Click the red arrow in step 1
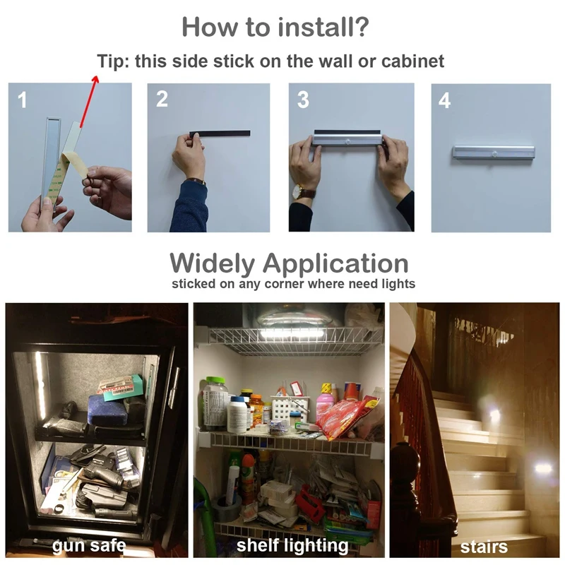point(89,101)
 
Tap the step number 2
point(162,99)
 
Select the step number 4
point(444,100)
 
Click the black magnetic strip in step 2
point(220,133)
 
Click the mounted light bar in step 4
point(493,155)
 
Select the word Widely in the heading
point(213,263)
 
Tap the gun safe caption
point(89,545)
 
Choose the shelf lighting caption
point(292,545)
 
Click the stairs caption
point(484,547)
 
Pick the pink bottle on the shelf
point(326,403)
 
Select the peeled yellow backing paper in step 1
point(75,165)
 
